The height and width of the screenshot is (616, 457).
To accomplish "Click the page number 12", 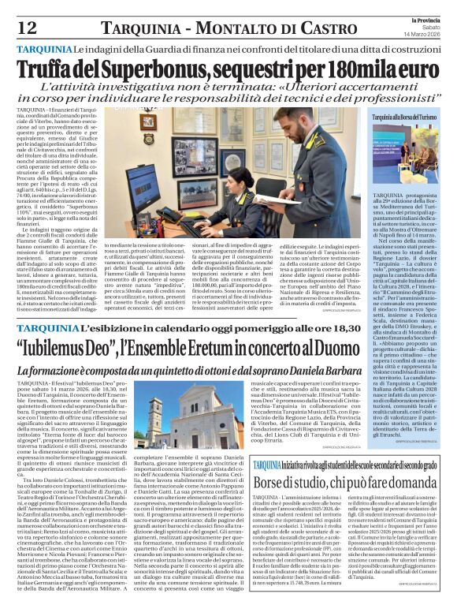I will [x=27, y=28].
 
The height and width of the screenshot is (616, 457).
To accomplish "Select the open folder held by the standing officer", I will [x=285, y=177].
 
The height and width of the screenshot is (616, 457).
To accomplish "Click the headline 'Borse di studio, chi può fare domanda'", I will [x=346, y=482].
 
